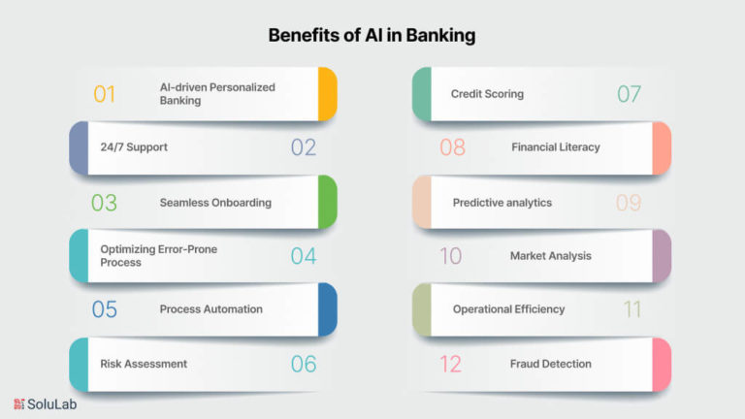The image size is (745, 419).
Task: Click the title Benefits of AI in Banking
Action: point(372,35)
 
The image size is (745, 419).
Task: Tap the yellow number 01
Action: point(105,94)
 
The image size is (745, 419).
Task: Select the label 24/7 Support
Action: point(134,147)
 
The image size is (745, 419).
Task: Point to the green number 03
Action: point(104,203)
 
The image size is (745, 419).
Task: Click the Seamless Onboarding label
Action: point(215,203)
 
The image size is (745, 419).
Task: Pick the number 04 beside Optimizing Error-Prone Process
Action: point(304,256)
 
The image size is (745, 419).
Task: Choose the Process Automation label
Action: point(211,309)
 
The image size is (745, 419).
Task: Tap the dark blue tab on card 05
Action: point(328,309)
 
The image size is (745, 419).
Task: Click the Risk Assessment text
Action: point(144,364)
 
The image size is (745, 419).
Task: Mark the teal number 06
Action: point(304,364)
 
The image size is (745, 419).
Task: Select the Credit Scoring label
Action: point(488,94)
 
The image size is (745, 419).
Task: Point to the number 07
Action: point(629,94)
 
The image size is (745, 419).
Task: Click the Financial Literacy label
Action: point(556,147)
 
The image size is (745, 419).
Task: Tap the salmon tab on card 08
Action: point(662,148)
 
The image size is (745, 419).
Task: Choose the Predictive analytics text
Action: point(502,203)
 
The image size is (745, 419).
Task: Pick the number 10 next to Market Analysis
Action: point(451,256)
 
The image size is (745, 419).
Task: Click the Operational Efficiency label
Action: point(509,309)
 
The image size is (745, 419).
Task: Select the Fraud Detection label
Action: point(551,364)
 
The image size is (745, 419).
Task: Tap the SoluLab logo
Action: point(46,404)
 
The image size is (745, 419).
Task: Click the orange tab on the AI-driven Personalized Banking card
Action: point(328,94)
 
